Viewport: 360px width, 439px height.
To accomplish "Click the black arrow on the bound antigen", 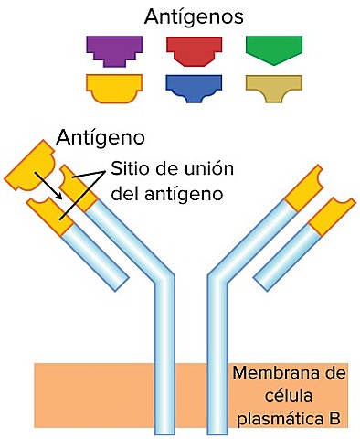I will pyautogui.click(x=48, y=186).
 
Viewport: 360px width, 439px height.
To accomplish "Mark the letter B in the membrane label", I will pyautogui.click(x=335, y=419).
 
